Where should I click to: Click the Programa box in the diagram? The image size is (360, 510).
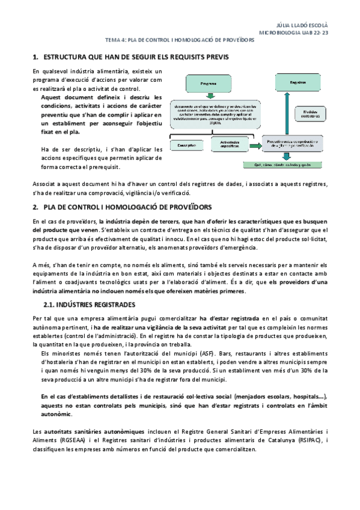[209, 83]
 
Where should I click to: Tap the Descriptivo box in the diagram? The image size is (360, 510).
[188, 145]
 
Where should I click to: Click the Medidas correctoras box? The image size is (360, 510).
[311, 112]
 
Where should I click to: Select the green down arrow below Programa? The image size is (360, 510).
[209, 95]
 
